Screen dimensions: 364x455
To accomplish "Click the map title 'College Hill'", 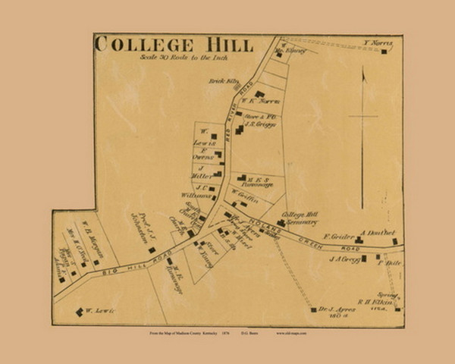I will tap(174, 44).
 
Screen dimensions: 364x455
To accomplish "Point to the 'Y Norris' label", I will tap(378, 43).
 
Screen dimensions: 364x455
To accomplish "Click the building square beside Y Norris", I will tap(384, 52).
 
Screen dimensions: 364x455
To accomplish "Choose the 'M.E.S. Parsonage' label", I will tap(256, 180).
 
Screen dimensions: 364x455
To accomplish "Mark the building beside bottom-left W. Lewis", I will tap(79, 312).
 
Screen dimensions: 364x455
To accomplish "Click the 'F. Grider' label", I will tap(338, 237).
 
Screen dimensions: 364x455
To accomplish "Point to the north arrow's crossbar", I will tap(363, 116).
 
